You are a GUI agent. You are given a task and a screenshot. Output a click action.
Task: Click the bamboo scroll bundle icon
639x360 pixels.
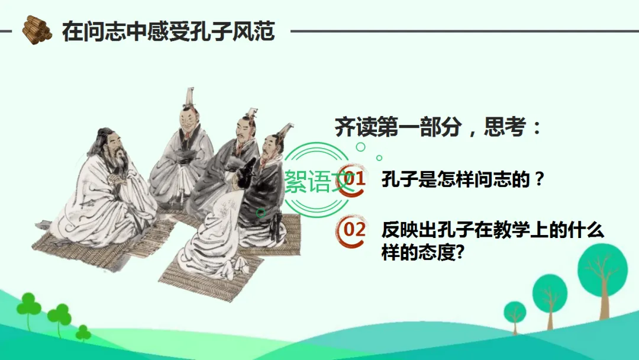[x=37, y=30]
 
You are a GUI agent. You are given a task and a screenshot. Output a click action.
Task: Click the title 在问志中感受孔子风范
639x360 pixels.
[x=168, y=31]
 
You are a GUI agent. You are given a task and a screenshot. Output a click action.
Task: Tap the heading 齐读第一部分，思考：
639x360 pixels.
[x=438, y=127]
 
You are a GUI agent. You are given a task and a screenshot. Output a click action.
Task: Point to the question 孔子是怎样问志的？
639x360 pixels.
[x=463, y=179]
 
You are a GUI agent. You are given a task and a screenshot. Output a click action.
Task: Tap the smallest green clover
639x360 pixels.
[x=83, y=333]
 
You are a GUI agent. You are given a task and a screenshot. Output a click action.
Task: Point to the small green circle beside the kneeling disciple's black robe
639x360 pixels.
[x=261, y=213]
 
